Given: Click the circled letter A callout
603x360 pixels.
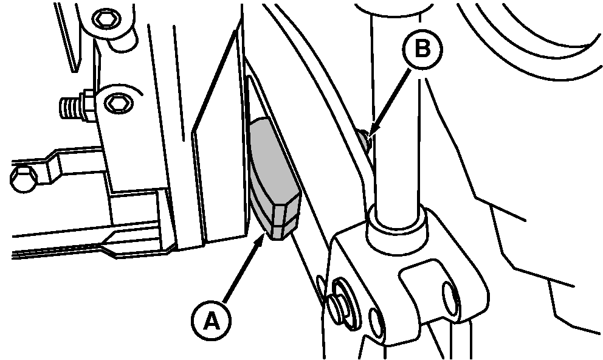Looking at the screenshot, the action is (211, 320).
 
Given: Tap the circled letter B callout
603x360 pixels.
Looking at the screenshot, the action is (422, 49).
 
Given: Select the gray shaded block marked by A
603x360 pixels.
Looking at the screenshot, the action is (274, 179).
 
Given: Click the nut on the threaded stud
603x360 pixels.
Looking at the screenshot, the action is (89, 105).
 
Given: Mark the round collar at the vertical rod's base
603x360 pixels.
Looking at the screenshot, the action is (398, 229).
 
